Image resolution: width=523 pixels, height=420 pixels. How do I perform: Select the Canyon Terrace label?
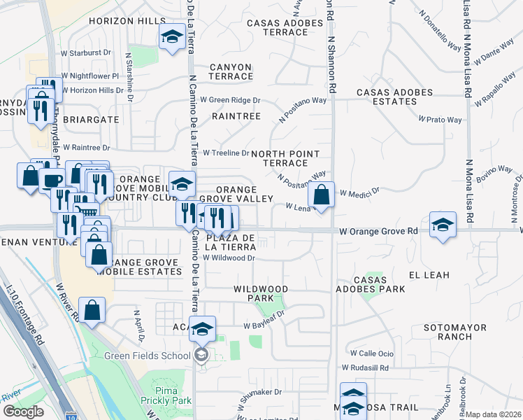[230, 71]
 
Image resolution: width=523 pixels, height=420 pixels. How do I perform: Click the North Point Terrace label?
[285, 158]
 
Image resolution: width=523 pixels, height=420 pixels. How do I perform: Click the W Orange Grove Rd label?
[378, 231]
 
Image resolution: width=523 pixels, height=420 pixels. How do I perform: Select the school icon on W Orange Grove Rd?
[443, 225]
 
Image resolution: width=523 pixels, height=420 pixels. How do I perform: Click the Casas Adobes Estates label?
[396, 97]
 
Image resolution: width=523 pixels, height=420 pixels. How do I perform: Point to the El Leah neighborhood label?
[429, 275]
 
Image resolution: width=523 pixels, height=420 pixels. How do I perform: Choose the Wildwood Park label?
[260, 293]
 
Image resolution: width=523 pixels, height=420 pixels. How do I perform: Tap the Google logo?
[22, 412]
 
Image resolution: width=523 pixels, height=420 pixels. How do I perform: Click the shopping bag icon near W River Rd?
[92, 309]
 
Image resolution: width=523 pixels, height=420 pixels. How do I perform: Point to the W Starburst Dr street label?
[87, 52]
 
